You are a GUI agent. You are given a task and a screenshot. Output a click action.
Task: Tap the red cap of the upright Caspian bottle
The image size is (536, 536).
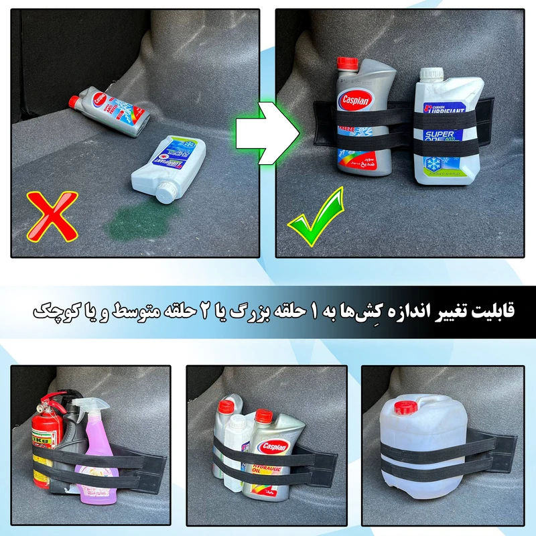(348, 64)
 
